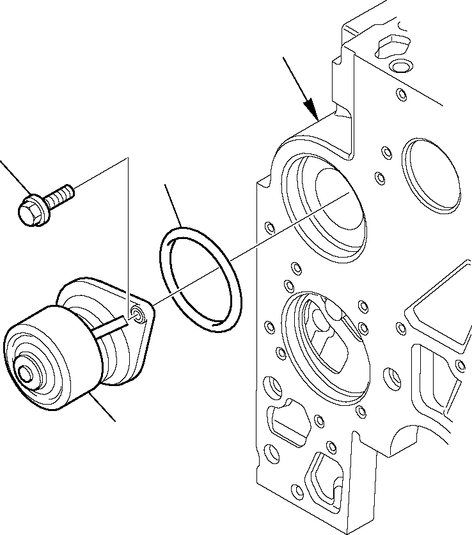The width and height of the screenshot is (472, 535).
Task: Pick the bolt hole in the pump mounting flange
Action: coord(136,312)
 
